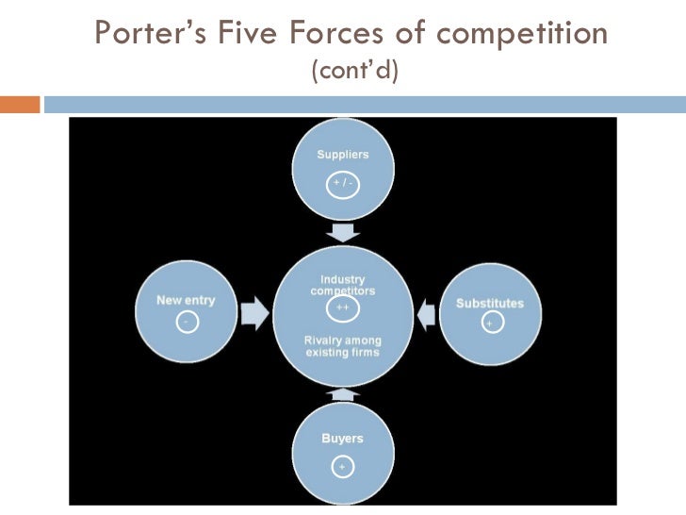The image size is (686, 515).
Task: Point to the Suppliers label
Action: (x=342, y=155)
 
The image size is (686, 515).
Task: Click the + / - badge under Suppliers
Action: (x=342, y=183)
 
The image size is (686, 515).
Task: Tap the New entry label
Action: (x=186, y=300)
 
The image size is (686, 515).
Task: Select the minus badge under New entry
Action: (x=186, y=322)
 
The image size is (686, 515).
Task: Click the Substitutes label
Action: (x=489, y=303)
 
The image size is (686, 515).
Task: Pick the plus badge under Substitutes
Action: (x=489, y=324)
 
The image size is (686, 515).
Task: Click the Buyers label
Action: (x=342, y=439)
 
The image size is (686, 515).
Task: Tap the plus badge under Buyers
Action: (x=342, y=466)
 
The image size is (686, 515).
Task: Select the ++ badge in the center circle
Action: (x=342, y=307)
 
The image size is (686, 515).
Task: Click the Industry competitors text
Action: (x=342, y=286)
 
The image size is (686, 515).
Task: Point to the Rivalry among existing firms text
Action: (x=342, y=346)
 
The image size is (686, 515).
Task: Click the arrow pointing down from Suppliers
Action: (x=343, y=232)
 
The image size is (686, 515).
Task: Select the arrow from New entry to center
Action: (x=254, y=313)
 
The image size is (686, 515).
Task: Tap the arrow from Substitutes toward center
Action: (x=426, y=313)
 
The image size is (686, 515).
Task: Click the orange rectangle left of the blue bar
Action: (x=20, y=104)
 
